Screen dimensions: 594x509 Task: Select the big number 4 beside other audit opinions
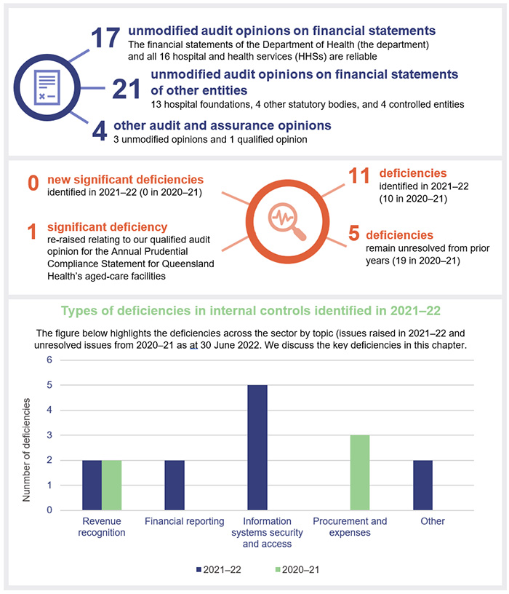pyautogui.click(x=100, y=131)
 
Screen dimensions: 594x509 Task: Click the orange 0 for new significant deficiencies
pyautogui.click(x=32, y=183)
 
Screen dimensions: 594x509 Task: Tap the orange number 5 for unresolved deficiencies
pyautogui.click(x=353, y=234)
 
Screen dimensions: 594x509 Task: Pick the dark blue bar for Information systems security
pyautogui.click(x=257, y=448)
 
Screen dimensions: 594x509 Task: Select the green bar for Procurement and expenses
pyautogui.click(x=360, y=472)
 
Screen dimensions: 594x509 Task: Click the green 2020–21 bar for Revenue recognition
pyautogui.click(x=111, y=485)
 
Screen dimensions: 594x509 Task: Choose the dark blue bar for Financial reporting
pyautogui.click(x=175, y=485)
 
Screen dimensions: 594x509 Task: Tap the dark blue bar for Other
pyautogui.click(x=422, y=485)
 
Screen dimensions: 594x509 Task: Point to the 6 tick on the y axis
pyautogui.click(x=49, y=360)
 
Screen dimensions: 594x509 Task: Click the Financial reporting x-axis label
pyautogui.click(x=175, y=521)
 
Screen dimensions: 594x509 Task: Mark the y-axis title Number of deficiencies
pyautogui.click(x=27, y=450)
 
